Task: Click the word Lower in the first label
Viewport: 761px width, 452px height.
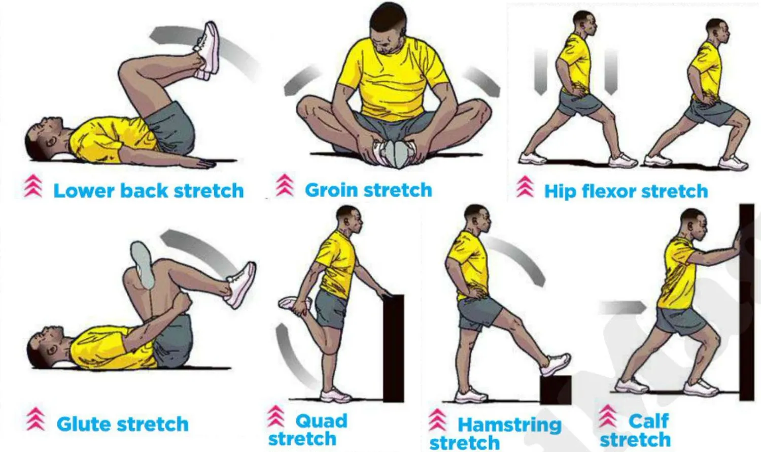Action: (84, 191)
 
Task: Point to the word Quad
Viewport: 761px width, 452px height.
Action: (321, 421)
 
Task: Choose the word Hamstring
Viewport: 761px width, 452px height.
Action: (509, 425)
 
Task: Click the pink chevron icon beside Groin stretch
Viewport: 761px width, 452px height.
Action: (285, 185)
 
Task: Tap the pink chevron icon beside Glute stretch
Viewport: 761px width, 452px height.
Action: (36, 419)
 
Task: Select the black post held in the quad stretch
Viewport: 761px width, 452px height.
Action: (393, 348)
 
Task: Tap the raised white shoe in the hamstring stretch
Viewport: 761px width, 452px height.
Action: (557, 364)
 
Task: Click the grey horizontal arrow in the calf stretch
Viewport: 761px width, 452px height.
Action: (621, 307)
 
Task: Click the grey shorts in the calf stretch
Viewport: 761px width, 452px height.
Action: (680, 320)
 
